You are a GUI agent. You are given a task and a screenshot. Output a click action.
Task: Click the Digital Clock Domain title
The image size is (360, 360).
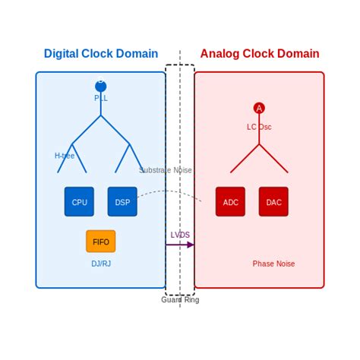(101, 54)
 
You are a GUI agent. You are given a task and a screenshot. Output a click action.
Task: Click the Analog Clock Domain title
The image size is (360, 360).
(259, 54)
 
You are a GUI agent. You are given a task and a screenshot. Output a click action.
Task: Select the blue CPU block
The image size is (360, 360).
(79, 201)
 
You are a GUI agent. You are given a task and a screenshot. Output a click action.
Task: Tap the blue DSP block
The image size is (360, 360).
(122, 201)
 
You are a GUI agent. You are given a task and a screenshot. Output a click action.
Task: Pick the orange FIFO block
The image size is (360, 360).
(101, 242)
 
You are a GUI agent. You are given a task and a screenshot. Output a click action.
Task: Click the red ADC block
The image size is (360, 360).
(230, 201)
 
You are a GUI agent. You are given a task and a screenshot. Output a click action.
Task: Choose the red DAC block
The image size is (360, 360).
(273, 201)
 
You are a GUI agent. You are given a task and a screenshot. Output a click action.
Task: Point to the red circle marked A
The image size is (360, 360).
(259, 108)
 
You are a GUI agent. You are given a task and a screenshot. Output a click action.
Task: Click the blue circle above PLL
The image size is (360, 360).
(101, 86)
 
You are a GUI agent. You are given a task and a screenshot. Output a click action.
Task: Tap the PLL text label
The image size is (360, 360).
(101, 98)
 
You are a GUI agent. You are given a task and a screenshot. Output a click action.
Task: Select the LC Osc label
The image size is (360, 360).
(259, 127)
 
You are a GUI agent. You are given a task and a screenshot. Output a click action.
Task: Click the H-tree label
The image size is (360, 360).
(65, 156)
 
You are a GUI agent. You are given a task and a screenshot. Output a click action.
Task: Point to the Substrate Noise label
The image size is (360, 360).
(166, 170)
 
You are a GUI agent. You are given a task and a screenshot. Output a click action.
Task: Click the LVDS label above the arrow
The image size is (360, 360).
(180, 235)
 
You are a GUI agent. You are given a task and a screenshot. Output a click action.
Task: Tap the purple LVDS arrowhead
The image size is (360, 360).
(191, 245)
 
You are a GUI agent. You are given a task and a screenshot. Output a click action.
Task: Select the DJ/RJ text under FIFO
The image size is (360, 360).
(101, 264)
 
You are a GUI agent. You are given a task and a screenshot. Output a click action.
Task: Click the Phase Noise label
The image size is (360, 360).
(273, 264)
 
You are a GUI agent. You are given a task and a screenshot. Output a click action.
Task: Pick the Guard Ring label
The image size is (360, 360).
(180, 299)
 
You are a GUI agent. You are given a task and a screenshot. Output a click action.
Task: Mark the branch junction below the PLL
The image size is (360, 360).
(101, 115)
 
